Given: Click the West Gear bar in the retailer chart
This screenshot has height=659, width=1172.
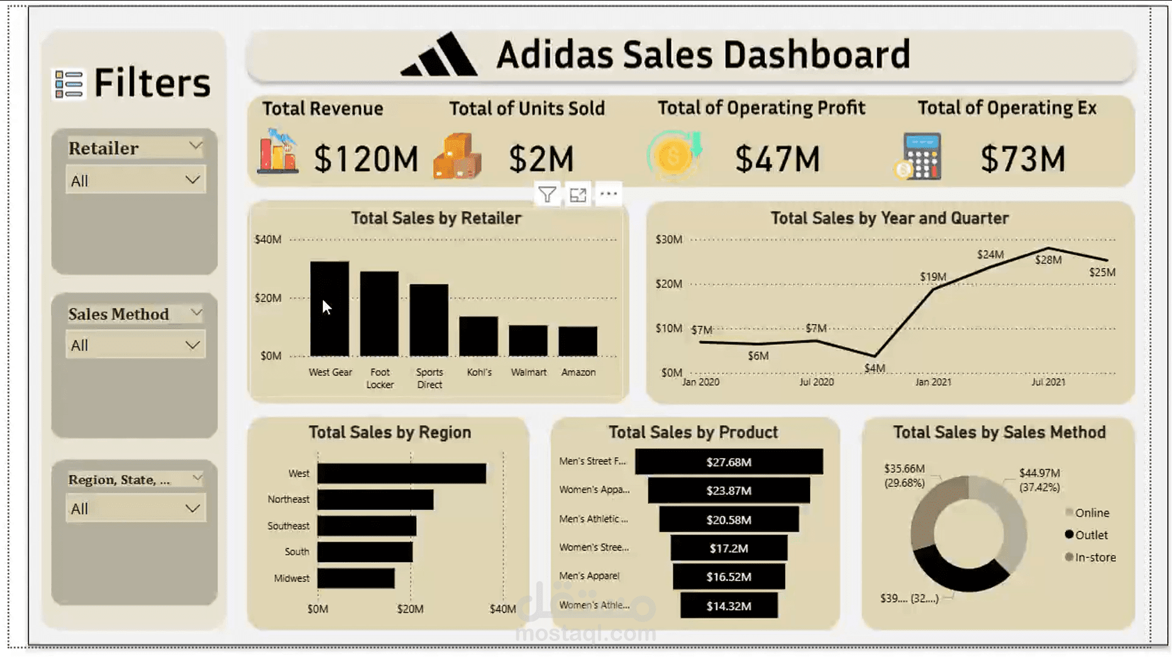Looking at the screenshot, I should (330, 309).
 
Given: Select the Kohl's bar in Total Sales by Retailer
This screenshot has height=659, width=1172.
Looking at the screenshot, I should (479, 336).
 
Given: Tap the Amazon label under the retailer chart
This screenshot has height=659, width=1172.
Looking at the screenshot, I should (578, 372).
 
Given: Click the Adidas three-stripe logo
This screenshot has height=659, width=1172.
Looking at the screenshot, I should (440, 55).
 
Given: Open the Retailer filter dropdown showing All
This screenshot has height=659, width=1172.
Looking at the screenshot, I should (136, 181).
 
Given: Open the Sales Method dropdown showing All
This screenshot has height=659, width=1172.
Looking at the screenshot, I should (136, 345).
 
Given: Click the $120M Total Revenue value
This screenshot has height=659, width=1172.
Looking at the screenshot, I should (366, 159).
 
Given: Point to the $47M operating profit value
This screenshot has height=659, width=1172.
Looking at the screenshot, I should (777, 159).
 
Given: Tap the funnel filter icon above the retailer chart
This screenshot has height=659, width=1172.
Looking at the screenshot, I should (547, 195).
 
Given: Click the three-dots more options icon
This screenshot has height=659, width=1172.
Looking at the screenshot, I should (609, 195).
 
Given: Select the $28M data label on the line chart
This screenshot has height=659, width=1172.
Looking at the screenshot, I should (1048, 260).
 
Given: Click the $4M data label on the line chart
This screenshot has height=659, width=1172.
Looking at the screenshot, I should (874, 369).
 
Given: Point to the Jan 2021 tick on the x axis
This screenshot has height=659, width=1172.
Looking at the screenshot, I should (933, 382).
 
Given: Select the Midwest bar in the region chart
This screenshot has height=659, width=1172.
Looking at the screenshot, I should (356, 578).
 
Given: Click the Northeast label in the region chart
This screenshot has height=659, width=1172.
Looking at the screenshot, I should (288, 499).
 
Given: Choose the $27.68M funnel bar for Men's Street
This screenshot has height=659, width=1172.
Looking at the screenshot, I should (729, 462).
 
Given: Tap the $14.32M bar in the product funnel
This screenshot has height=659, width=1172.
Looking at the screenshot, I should (729, 606).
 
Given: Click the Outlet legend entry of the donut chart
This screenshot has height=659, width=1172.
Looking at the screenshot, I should (1090, 535).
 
